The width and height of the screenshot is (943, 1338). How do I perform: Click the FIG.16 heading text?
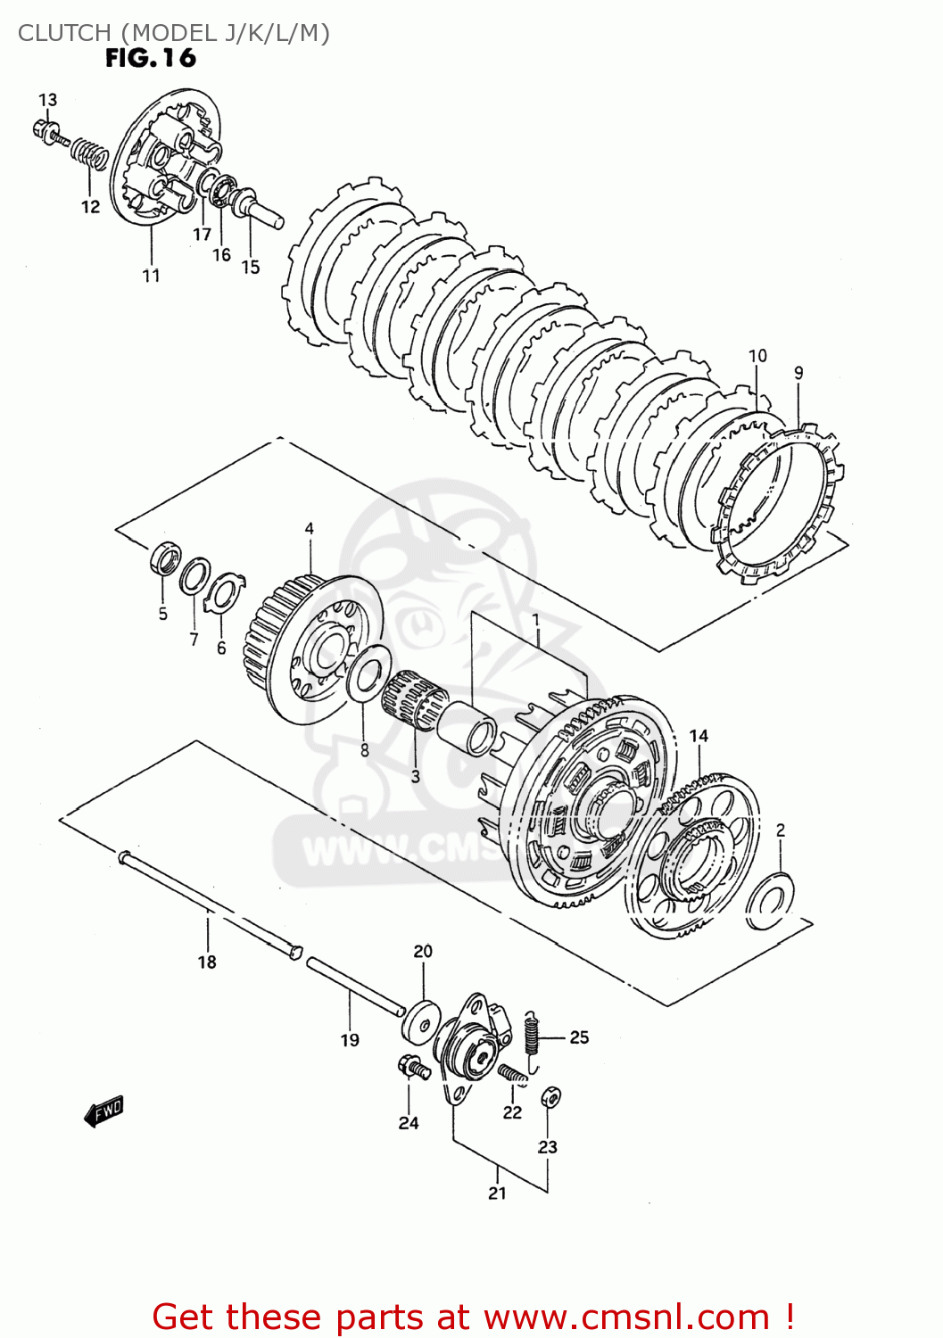150,59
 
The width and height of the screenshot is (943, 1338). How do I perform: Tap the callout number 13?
47,100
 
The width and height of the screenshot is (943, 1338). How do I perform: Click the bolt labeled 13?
47,131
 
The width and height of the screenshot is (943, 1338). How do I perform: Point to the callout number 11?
151,276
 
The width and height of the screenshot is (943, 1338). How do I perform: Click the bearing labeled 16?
221,189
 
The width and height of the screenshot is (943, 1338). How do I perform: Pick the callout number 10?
757,355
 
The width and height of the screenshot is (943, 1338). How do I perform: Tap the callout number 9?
798,373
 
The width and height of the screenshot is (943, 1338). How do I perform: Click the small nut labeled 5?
163,558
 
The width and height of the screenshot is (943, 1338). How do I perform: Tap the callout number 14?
699,736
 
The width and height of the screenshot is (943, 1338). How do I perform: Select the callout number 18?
207,962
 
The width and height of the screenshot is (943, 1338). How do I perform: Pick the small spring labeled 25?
533,1038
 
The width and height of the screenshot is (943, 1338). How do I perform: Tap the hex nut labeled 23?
550,1098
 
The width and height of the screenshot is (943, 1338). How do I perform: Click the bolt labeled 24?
409,1065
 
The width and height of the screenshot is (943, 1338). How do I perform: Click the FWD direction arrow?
103,1111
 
